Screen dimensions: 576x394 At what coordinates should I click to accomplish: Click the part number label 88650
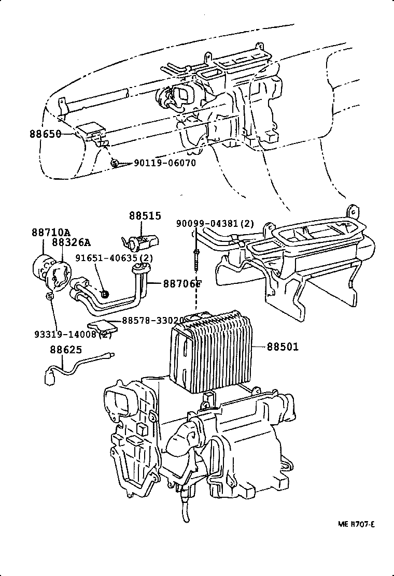(45, 134)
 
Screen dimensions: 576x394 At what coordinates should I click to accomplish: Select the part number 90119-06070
(165, 163)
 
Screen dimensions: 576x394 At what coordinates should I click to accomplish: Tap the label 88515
(145, 215)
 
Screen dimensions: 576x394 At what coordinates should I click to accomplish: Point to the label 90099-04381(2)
(215, 224)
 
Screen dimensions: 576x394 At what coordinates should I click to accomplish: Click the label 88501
(283, 347)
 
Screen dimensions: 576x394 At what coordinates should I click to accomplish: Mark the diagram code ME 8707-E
(357, 524)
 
